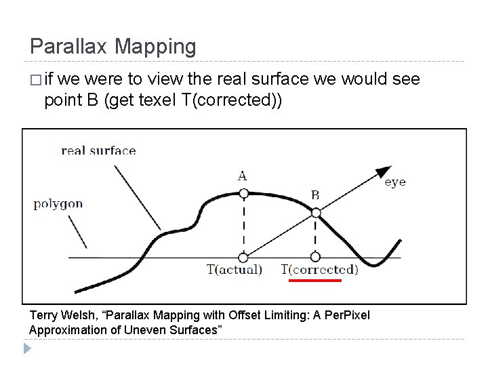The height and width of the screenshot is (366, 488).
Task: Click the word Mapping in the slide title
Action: point(155,47)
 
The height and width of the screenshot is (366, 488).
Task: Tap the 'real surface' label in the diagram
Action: point(98,150)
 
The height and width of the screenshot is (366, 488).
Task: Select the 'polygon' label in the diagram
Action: point(58,203)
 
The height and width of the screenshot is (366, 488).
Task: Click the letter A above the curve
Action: point(242,176)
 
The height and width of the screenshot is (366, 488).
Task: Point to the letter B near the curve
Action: point(315,195)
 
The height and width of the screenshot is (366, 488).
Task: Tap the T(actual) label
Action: point(234,269)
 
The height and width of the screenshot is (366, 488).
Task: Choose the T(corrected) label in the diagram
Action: point(320,269)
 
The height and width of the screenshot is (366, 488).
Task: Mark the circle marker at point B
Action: point(315,213)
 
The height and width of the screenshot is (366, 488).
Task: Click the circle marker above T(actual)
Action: point(243,257)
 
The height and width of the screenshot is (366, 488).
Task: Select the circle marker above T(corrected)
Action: point(315,257)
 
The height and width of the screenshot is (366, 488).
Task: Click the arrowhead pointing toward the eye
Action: point(384,171)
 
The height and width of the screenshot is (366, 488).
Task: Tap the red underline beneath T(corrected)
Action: point(315,279)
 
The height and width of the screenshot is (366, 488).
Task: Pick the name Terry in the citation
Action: point(45,315)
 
